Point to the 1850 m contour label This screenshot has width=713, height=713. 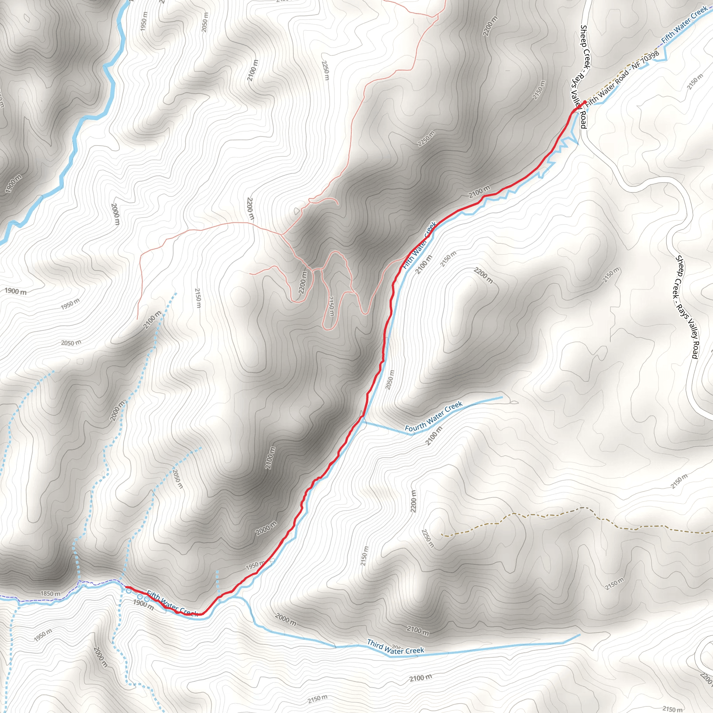click(50, 594)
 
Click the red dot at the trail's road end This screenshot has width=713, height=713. click(585, 102)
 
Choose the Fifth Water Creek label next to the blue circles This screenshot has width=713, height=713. click(172, 604)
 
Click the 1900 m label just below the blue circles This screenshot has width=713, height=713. click(143, 604)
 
